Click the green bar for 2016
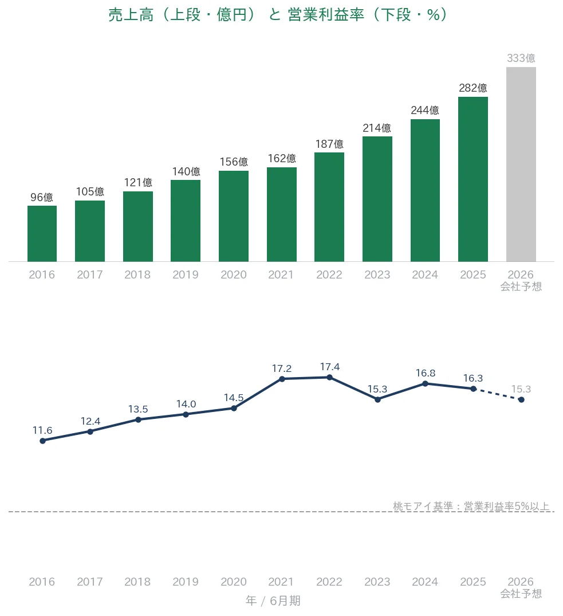(x=42, y=234)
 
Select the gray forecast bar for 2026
(x=521, y=164)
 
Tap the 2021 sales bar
(x=282, y=214)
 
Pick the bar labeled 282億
(x=473, y=179)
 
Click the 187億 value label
(x=329, y=144)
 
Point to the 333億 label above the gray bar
(x=521, y=58)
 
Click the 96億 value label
(x=42, y=197)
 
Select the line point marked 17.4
(x=330, y=378)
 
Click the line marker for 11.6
(x=43, y=441)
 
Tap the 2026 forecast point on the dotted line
(x=521, y=399)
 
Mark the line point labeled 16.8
(x=425, y=383)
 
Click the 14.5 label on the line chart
(x=234, y=398)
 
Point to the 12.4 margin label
(x=90, y=421)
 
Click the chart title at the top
(x=278, y=15)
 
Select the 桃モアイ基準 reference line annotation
(x=471, y=506)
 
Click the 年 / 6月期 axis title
(x=273, y=601)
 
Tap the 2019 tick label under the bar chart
(x=186, y=274)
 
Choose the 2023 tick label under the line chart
(x=377, y=582)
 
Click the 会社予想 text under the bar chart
(x=521, y=287)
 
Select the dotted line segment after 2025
(x=498, y=394)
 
